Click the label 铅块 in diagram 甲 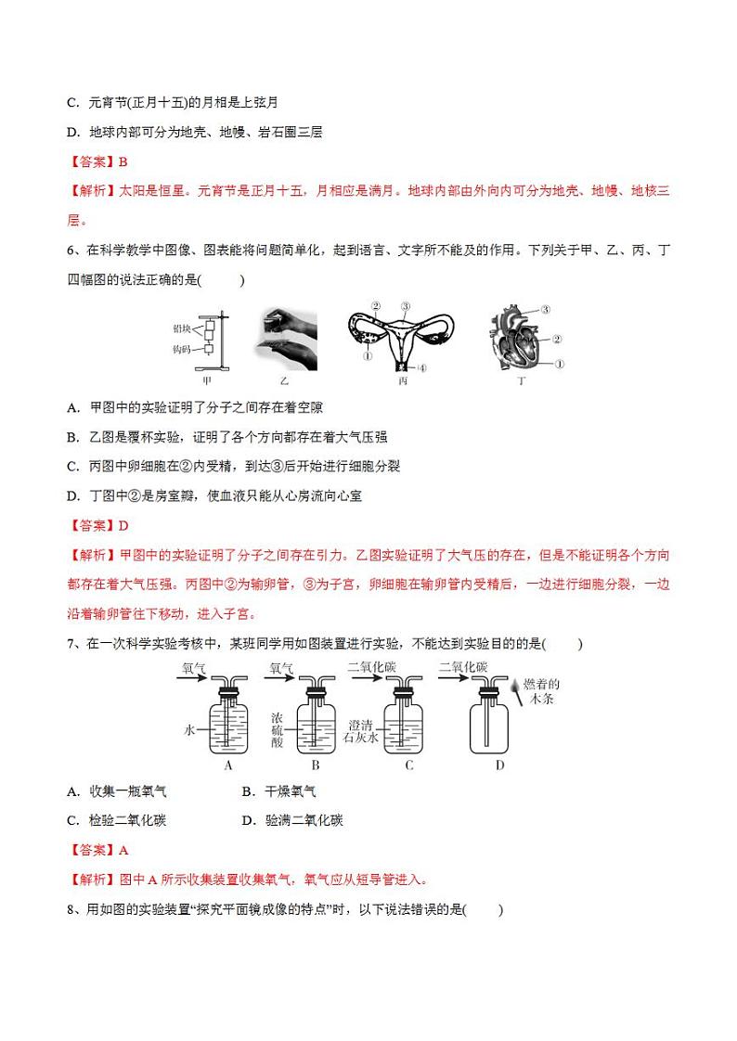[181, 328]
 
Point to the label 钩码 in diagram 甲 [181, 350]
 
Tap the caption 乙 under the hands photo [284, 379]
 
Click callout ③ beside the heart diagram [546, 310]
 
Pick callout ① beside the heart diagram [559, 364]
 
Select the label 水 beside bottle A [189, 730]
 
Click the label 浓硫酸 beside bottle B [278, 730]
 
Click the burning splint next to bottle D [513, 690]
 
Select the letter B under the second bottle [316, 765]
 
